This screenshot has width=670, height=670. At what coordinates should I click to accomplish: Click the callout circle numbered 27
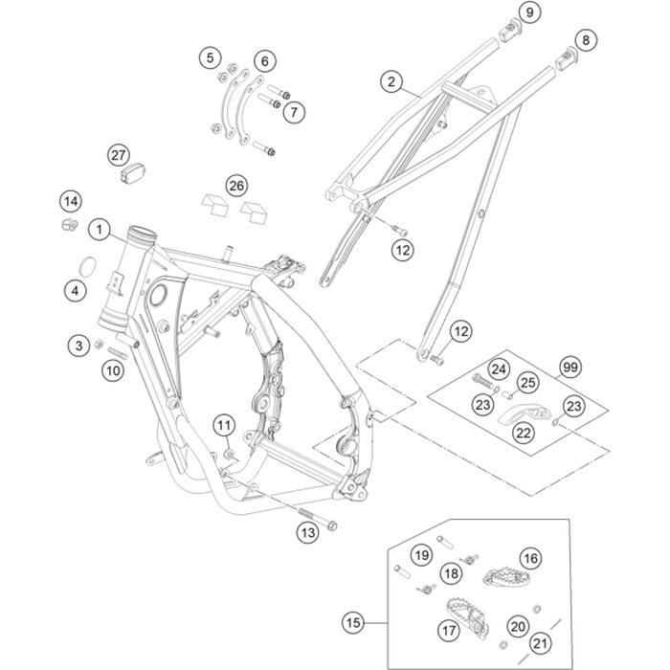point(119,155)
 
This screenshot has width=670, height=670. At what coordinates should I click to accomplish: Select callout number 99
point(570,367)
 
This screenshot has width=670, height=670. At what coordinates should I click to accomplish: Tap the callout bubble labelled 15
point(353,622)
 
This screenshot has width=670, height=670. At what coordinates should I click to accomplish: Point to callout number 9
point(530,12)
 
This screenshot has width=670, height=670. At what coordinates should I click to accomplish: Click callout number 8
point(586,40)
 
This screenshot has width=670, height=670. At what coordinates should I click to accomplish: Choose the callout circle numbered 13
point(308,532)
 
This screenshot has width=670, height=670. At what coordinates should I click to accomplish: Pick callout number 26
point(236,186)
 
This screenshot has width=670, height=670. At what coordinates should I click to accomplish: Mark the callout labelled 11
point(224,425)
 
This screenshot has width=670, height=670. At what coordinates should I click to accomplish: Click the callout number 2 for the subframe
point(391,81)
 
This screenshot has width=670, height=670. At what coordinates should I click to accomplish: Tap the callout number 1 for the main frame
point(100,231)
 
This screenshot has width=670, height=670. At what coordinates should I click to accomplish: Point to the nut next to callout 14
point(70,224)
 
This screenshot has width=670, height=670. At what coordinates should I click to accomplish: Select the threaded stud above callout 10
point(117,354)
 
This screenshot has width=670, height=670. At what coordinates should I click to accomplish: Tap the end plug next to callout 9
point(510,31)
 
